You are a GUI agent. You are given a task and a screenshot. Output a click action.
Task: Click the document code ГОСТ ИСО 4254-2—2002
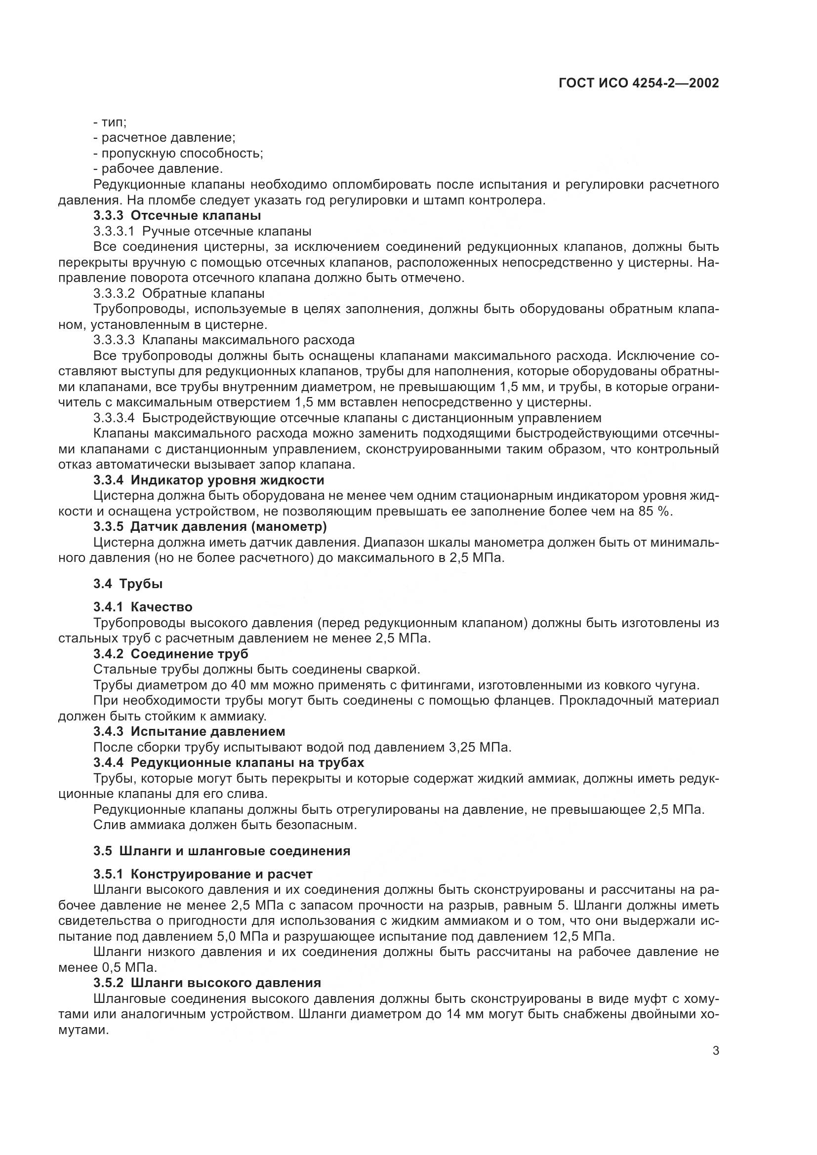(x=638, y=83)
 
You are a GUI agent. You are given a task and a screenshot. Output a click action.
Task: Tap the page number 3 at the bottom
(x=715, y=1050)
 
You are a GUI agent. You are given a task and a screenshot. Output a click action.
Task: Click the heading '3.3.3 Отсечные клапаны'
(x=177, y=216)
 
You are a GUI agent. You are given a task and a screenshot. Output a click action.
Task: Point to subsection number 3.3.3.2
(x=114, y=293)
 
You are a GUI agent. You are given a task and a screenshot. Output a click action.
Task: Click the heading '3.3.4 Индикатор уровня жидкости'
(x=209, y=480)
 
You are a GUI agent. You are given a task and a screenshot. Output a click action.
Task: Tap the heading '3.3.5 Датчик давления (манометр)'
(x=210, y=527)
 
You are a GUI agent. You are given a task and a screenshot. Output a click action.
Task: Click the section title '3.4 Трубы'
(x=128, y=584)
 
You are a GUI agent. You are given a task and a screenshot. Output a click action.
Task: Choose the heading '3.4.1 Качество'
(x=143, y=607)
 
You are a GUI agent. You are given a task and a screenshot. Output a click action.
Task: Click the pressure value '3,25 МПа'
(x=480, y=748)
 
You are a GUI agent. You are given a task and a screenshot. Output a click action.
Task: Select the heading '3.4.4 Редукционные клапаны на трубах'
(x=228, y=762)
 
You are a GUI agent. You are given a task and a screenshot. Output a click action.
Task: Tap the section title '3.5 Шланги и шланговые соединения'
(x=221, y=851)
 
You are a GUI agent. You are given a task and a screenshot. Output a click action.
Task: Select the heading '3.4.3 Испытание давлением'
(x=189, y=731)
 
